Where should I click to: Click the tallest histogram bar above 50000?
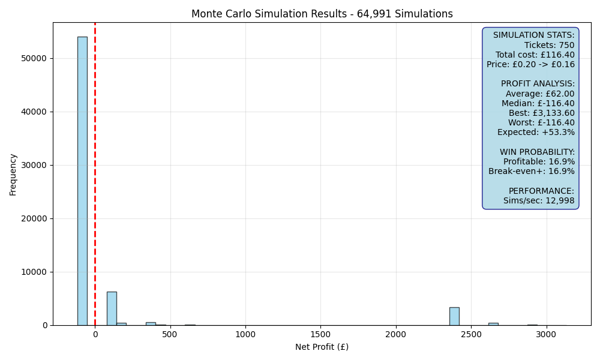(82, 181)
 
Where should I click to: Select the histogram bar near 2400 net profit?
(454, 316)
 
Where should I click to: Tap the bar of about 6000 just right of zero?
(112, 308)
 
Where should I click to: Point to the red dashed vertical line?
(95, 174)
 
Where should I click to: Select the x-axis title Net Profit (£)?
(322, 347)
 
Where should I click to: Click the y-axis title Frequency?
(13, 175)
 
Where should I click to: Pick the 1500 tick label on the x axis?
(320, 334)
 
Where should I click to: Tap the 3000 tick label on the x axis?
(545, 334)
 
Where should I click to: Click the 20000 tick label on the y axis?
(34, 218)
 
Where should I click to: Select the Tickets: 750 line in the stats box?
(549, 45)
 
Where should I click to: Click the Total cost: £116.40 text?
(535, 55)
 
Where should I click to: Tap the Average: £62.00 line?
(540, 94)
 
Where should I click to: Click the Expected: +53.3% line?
(536, 133)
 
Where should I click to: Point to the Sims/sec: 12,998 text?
(539, 200)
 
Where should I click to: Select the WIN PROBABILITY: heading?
(537, 152)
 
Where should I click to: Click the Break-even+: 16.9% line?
(532, 171)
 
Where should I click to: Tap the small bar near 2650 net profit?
(493, 324)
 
